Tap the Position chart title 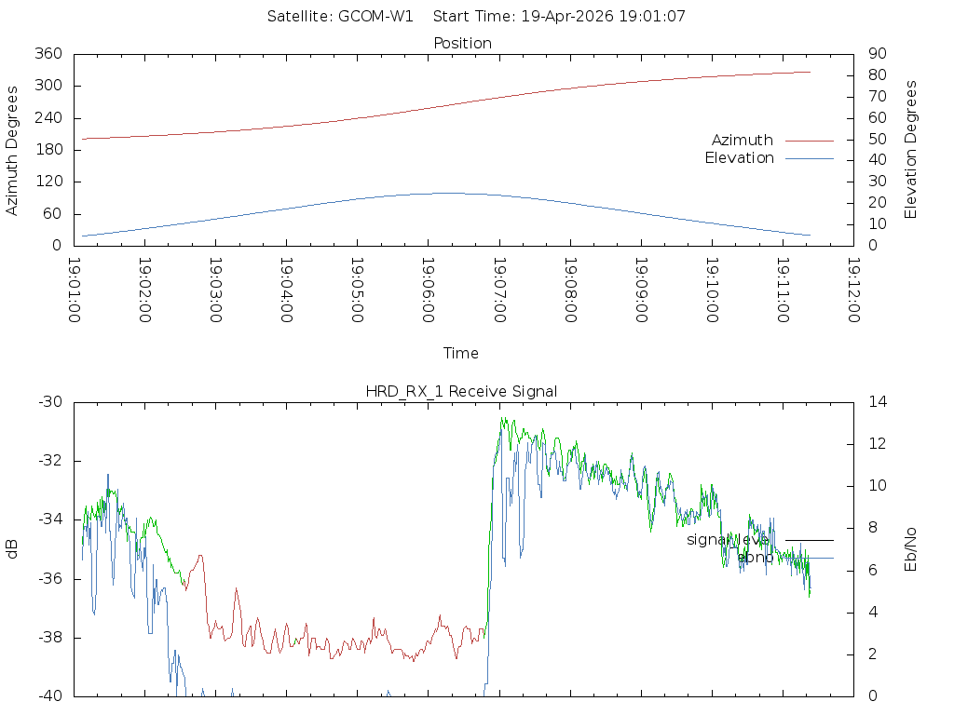pos(463,43)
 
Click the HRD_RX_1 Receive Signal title pos(462,391)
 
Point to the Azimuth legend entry pos(743,140)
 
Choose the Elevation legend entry pos(739,158)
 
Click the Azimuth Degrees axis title pos(13,150)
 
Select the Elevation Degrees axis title pos(911,149)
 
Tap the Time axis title pos(461,353)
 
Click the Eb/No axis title pos(911,548)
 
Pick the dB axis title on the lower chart pos(13,548)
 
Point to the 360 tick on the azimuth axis pos(48,54)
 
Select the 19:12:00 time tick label pos(852,290)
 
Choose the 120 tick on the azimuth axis pos(48,182)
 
